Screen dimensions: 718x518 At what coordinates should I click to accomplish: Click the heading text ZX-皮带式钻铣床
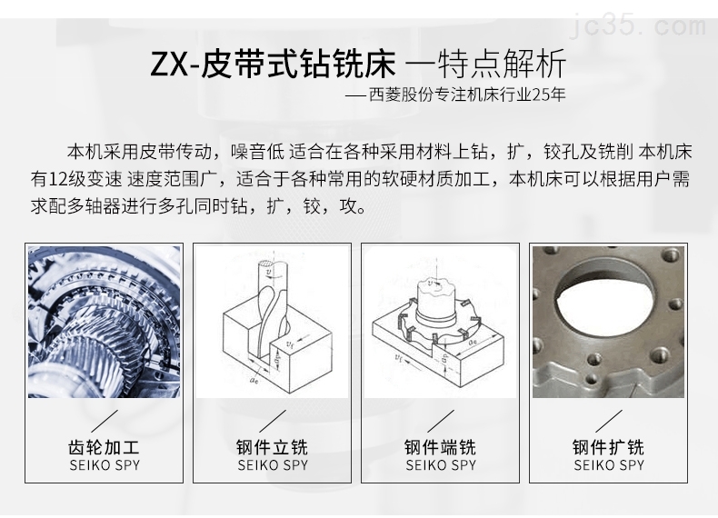pos(273,65)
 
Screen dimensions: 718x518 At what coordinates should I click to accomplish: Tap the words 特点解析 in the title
pos(502,65)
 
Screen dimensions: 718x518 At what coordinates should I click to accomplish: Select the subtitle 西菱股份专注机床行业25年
pos(467,95)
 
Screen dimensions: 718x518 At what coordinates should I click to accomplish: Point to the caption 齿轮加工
pos(104,447)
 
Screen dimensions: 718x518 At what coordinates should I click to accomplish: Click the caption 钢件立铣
pos(272,447)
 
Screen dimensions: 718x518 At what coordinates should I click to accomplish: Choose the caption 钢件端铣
pos(441,447)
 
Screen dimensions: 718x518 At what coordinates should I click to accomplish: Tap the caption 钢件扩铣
pos(609,447)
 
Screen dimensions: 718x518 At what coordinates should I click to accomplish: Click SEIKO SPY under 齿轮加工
pos(105,465)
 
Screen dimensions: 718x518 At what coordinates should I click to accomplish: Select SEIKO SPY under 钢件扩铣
pos(609,465)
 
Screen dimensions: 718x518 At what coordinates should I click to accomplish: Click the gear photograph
pos(104,322)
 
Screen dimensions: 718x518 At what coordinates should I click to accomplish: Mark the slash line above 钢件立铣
pos(273,421)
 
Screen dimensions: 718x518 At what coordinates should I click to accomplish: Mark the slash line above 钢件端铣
pos(441,421)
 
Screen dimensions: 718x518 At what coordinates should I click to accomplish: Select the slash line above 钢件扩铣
pos(609,421)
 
